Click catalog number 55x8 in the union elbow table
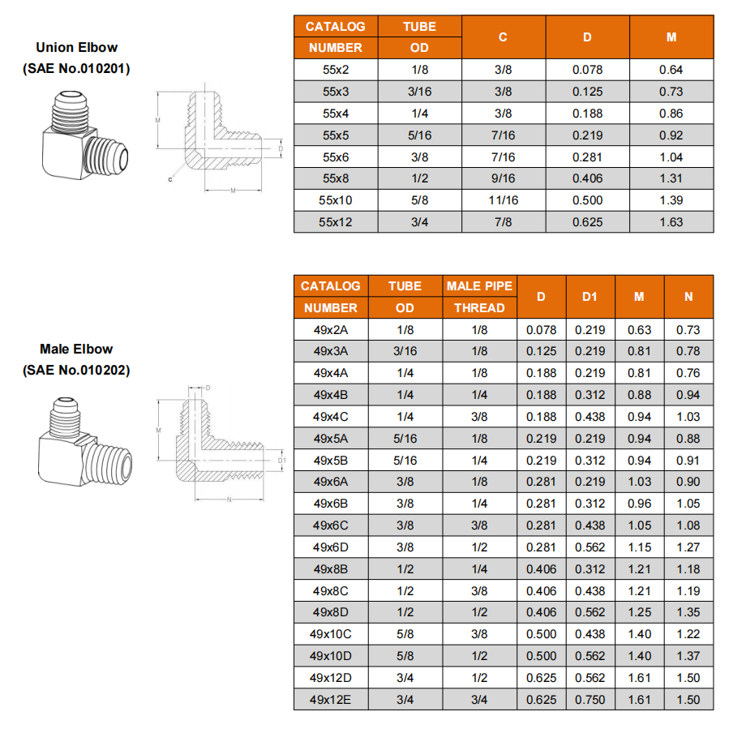tap(335, 178)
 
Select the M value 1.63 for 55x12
tap(671, 222)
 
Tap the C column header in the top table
tap(503, 37)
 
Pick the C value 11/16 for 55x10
tap(503, 200)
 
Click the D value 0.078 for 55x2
tap(587, 70)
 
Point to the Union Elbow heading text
tap(77, 48)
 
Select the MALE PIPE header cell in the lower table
tap(479, 286)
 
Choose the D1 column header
tap(590, 297)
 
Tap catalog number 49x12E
tap(330, 699)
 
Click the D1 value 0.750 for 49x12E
tap(590, 699)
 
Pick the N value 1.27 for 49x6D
tap(688, 547)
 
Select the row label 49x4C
tap(330, 417)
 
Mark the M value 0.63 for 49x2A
tap(639, 330)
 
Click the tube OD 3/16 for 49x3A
tap(405, 351)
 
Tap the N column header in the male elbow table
tap(688, 297)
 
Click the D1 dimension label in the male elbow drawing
tap(281, 460)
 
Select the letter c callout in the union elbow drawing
tap(170, 179)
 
